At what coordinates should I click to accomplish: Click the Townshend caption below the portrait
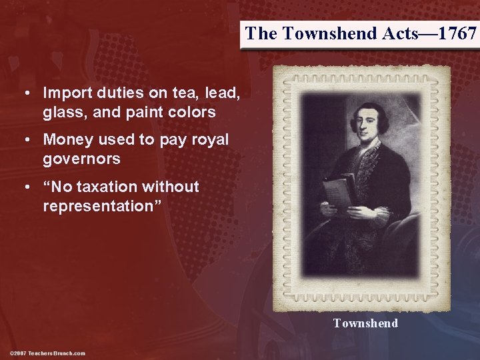365,323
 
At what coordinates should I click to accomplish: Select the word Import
67,93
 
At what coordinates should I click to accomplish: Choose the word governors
81,159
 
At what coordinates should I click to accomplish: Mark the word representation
99,206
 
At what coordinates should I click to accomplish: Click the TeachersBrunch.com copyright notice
48,353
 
